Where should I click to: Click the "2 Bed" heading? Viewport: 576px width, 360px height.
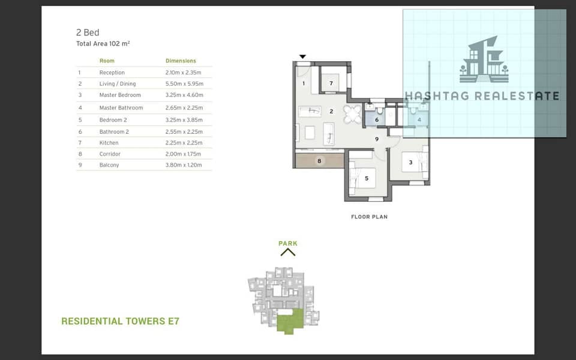[88, 32]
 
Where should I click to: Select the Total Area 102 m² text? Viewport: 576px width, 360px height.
[103, 44]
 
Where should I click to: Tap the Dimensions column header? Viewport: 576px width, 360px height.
[181, 61]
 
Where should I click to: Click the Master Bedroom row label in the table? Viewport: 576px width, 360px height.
[120, 95]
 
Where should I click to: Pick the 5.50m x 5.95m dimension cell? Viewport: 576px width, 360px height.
[184, 84]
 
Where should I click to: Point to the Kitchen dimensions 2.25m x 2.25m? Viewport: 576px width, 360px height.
[184, 143]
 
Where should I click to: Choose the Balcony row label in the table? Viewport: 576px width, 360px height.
[109, 165]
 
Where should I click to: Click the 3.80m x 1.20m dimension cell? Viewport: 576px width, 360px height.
[184, 165]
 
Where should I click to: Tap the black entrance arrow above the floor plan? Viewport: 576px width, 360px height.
[302, 56]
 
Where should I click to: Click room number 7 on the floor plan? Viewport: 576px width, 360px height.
[331, 83]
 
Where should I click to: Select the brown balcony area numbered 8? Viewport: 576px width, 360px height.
[320, 161]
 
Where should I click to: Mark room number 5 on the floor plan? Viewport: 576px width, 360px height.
[366, 179]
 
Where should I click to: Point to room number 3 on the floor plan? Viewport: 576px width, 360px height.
[410, 163]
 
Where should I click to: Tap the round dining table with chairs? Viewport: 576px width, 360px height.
[352, 114]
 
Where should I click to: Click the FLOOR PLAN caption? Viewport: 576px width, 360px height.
[369, 217]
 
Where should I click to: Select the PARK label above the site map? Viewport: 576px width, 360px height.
[288, 243]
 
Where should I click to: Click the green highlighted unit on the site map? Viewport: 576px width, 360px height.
[290, 322]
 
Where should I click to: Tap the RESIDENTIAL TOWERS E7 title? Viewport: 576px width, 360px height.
[120, 321]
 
